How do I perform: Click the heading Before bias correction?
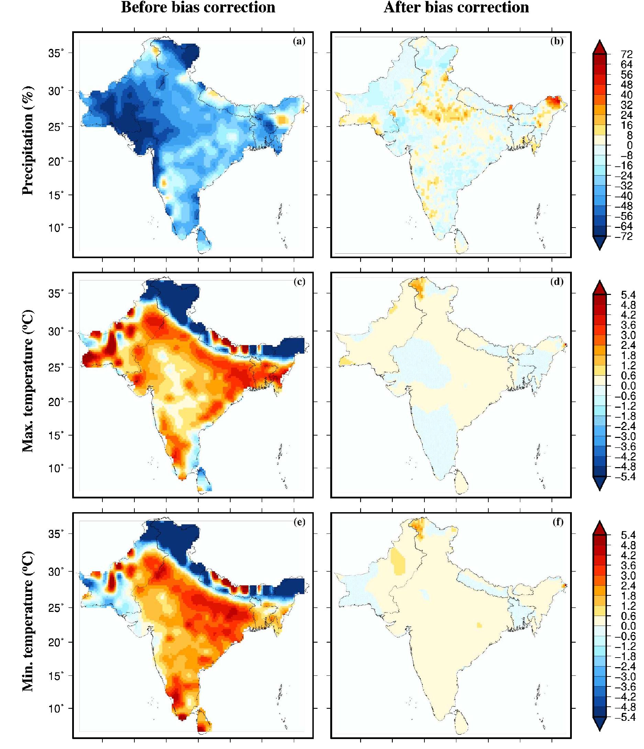(x=198, y=8)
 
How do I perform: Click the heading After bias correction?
(x=456, y=8)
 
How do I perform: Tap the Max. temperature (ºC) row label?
(x=28, y=381)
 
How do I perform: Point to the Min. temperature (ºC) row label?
(x=28, y=621)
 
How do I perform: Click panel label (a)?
(x=299, y=41)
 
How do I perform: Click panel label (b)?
(x=557, y=41)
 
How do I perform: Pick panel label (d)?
(x=557, y=282)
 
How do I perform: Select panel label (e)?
(x=299, y=522)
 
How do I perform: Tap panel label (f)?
(x=558, y=522)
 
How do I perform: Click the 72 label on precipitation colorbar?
(x=627, y=55)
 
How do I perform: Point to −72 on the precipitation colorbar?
(x=624, y=237)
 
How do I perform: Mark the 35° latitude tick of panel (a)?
(x=56, y=53)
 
